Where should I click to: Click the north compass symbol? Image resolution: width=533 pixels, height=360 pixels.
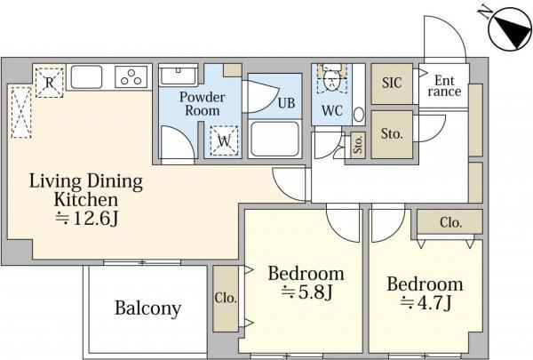point(510,29)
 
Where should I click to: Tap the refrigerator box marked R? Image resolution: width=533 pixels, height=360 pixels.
point(49,83)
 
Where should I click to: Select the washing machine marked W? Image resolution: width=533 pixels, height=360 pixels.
point(224,140)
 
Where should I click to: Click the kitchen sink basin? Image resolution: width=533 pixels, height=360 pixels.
point(86,77)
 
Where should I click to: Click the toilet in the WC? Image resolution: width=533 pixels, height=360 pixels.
point(331,77)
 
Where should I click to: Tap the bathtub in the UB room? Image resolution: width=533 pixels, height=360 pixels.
point(274,139)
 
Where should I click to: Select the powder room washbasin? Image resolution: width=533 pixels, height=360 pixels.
point(179,76)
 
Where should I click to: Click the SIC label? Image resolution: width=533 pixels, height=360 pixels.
point(392,83)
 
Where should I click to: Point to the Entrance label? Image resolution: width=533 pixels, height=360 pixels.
point(444,86)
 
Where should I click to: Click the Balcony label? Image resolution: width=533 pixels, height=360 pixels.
point(147,308)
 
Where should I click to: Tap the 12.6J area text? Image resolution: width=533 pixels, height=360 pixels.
point(86,220)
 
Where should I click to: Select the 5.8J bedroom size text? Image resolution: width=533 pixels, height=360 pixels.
point(306,292)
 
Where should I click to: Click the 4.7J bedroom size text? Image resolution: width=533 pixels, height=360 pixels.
point(426,302)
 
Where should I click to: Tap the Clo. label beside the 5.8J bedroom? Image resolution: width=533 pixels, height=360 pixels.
point(226,298)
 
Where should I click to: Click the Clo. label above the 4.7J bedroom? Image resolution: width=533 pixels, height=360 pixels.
point(450,222)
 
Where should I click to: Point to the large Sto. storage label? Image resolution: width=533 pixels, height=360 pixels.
point(392,134)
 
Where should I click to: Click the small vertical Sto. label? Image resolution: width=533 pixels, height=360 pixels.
point(358,143)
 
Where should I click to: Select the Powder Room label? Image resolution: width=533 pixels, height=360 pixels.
point(203,104)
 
